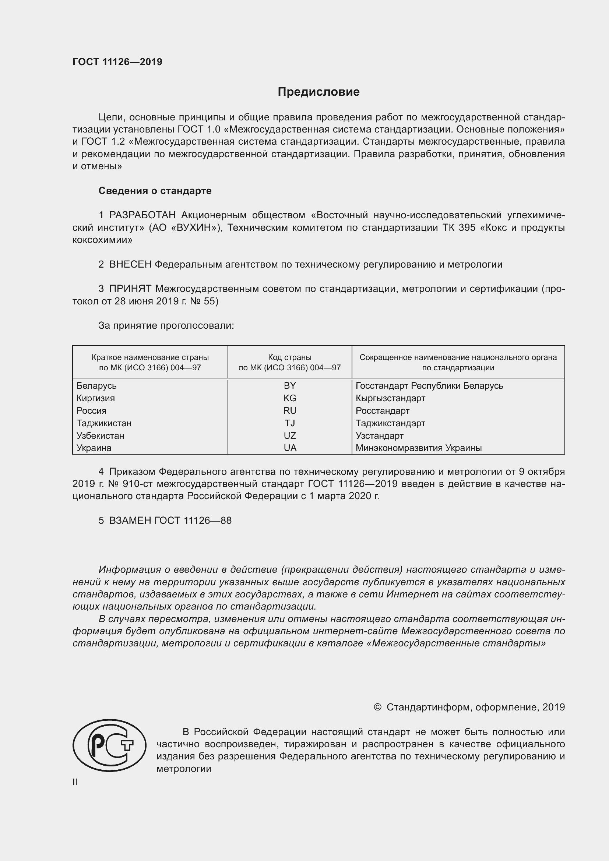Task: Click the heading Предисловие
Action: click(x=318, y=92)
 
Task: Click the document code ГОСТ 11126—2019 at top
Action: click(x=117, y=62)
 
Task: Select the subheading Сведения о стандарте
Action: click(x=155, y=191)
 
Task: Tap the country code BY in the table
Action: click(x=289, y=385)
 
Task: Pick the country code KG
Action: click(x=289, y=398)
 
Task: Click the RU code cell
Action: click(x=289, y=411)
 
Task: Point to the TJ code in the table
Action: click(x=289, y=423)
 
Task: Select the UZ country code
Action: click(x=289, y=435)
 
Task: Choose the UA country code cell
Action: click(x=289, y=448)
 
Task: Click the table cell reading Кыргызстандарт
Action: click(x=390, y=398)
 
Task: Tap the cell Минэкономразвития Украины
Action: click(x=419, y=448)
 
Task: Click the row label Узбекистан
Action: click(x=100, y=435)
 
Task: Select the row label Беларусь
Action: click(x=96, y=385)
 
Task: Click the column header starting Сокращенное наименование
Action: click(x=458, y=362)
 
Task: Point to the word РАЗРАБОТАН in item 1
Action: click(x=142, y=215)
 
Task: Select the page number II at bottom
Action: click(x=75, y=782)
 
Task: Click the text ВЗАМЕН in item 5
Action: click(x=130, y=521)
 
